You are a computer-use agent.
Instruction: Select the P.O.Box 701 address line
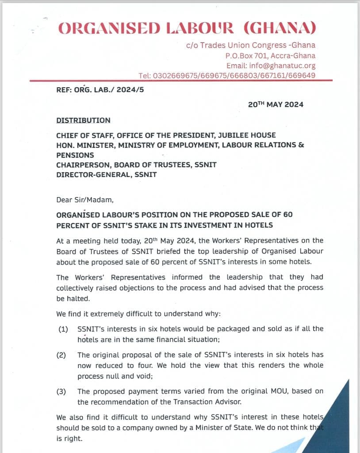click(x=270, y=56)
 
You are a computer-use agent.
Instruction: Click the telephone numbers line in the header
click(x=227, y=76)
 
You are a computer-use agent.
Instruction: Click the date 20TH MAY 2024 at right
click(x=276, y=104)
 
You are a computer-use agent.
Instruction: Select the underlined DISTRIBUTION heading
click(x=83, y=120)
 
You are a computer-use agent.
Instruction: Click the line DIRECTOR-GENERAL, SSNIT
click(x=106, y=175)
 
